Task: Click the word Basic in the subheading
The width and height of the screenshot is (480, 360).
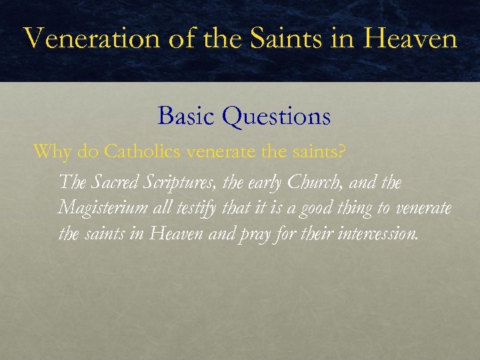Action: [187, 117]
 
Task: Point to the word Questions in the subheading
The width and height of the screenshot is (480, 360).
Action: [277, 117]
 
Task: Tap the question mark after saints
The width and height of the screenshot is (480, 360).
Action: [342, 151]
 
